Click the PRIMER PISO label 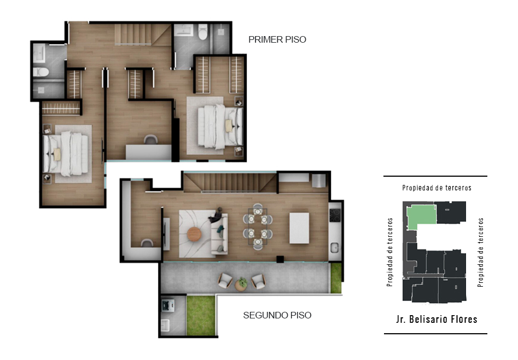tap(277, 40)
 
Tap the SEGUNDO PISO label tap(277, 315)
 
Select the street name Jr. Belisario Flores tap(436, 320)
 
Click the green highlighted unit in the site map tap(420, 216)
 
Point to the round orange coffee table tap(194, 234)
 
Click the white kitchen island tap(299, 228)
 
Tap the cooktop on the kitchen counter tap(335, 215)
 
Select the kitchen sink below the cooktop tap(335, 247)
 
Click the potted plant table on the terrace tap(242, 284)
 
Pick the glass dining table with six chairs tap(258, 227)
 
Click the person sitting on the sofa tap(217, 216)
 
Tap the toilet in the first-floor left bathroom tap(41, 72)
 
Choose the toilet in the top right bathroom tap(202, 32)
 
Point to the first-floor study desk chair tap(150, 140)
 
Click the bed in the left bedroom tap(66, 153)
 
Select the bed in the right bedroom tap(220, 126)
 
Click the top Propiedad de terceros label tap(436, 188)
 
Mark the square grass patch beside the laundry tap(201, 315)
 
